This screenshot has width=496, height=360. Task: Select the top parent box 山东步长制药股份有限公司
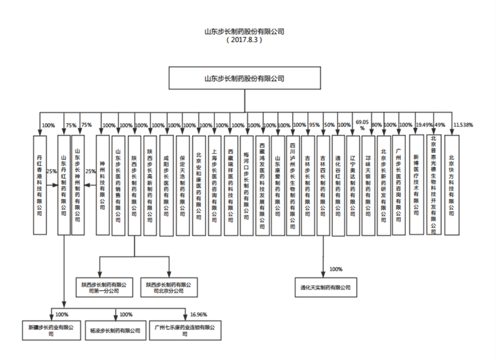tap(244, 78)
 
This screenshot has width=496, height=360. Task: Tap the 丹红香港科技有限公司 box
tap(39, 184)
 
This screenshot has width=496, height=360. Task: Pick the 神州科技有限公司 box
tap(102, 184)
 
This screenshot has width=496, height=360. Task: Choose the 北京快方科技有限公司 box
tap(451, 184)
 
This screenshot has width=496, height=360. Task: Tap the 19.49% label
tap(424, 125)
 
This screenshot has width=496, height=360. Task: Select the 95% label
tap(315, 125)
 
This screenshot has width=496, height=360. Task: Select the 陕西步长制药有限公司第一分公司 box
tap(103, 288)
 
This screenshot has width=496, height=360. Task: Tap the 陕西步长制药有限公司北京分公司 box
tap(169, 288)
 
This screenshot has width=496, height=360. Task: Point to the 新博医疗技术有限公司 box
tap(416, 184)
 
